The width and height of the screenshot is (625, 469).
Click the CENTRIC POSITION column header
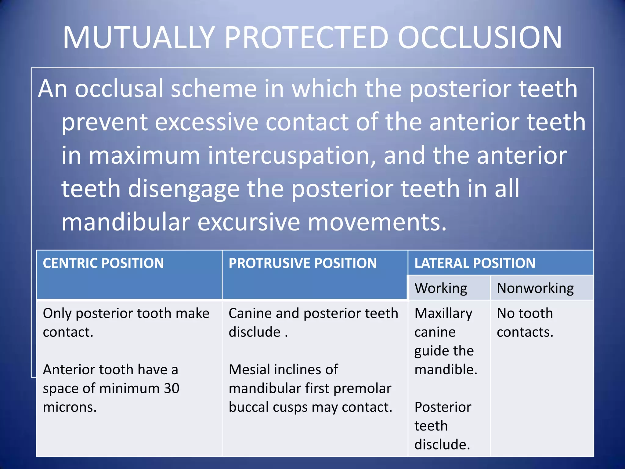pyautogui.click(x=103, y=263)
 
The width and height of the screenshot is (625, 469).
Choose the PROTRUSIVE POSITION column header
pyautogui.click(x=302, y=263)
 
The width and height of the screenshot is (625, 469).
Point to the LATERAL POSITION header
pyautogui.click(x=475, y=263)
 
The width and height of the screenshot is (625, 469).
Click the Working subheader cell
pyautogui.click(x=440, y=288)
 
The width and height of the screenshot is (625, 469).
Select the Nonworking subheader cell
pyautogui.click(x=535, y=288)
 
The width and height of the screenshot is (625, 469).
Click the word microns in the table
pyautogui.click(x=70, y=407)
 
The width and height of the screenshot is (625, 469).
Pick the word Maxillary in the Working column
pyautogui.click(x=443, y=314)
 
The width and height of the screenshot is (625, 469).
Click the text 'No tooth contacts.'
pyautogui.click(x=525, y=323)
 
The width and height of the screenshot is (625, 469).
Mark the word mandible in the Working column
pyautogui.click(x=445, y=370)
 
